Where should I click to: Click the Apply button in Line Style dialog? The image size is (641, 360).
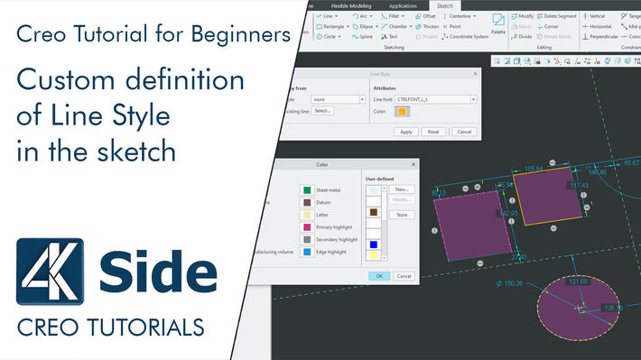tap(406, 132)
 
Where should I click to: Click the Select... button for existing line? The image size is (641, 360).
tap(323, 110)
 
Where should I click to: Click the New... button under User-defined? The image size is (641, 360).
tap(403, 189)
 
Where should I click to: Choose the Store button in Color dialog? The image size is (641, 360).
tap(402, 215)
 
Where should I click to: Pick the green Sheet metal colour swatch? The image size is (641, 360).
tap(308, 190)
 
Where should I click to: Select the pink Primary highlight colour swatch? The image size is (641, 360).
tap(308, 228)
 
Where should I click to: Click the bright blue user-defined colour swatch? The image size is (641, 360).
tap(372, 244)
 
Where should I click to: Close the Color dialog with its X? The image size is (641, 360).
tap(413, 164)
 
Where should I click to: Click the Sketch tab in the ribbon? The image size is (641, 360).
tap(444, 5)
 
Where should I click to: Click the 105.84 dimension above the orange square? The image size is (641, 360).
tap(534, 168)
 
